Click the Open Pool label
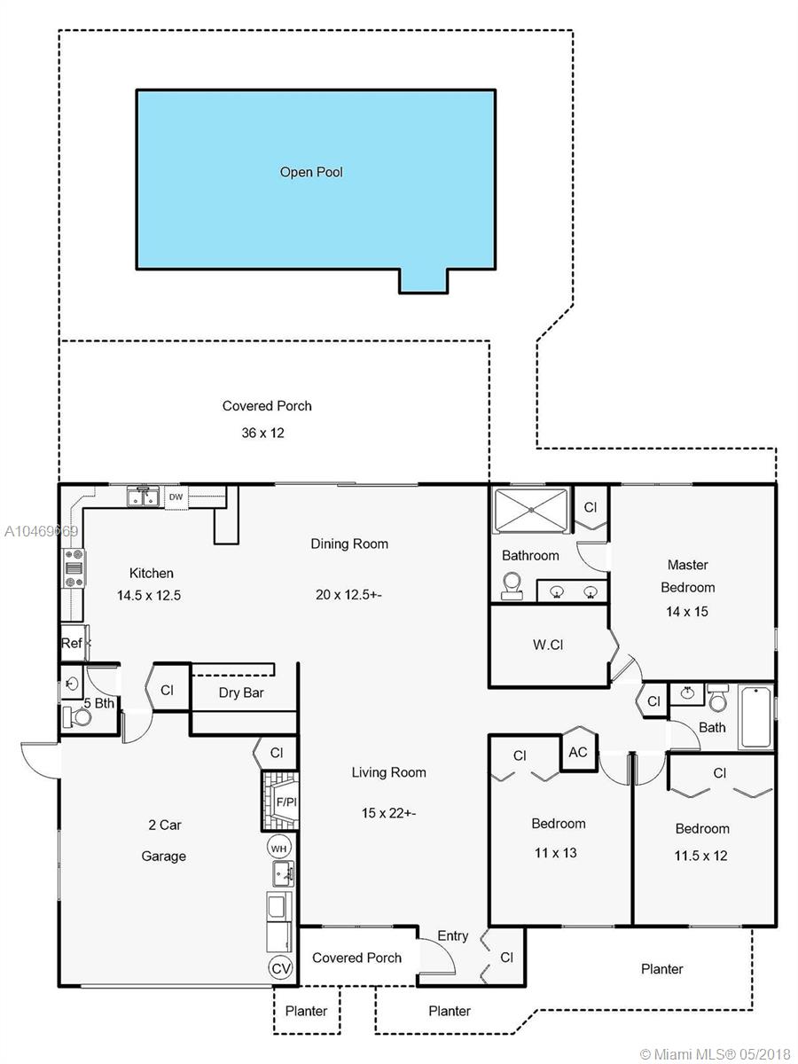click(311, 172)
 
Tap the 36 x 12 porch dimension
click(262, 433)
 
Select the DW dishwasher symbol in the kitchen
click(176, 497)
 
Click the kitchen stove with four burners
click(74, 568)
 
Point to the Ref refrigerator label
click(71, 643)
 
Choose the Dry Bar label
click(241, 692)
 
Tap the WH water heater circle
click(278, 849)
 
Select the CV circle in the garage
click(280, 968)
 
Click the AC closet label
click(577, 752)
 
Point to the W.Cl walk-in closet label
click(548, 645)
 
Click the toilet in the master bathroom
click(512, 585)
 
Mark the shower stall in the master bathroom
click(531, 510)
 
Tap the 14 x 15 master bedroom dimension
click(687, 611)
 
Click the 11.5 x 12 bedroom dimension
click(701, 856)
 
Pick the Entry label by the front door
click(453, 935)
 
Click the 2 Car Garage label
click(164, 841)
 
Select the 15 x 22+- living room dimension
click(388, 813)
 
